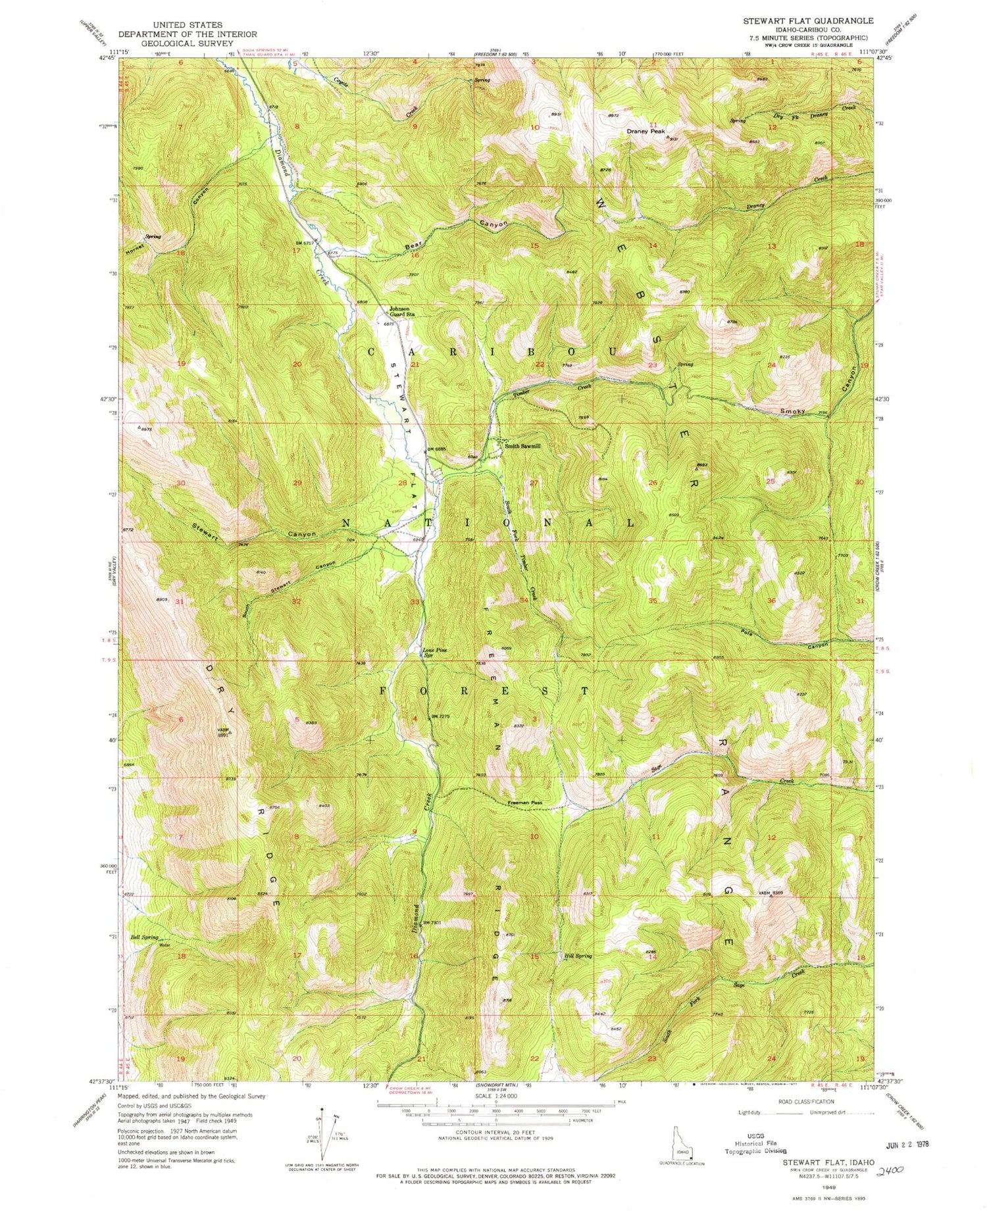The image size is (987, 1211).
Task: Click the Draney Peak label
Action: tap(645, 131)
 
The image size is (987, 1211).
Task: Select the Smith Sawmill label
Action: tap(522, 446)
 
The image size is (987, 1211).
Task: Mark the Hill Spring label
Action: tap(578, 956)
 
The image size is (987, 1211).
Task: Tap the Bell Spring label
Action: tap(145, 937)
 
